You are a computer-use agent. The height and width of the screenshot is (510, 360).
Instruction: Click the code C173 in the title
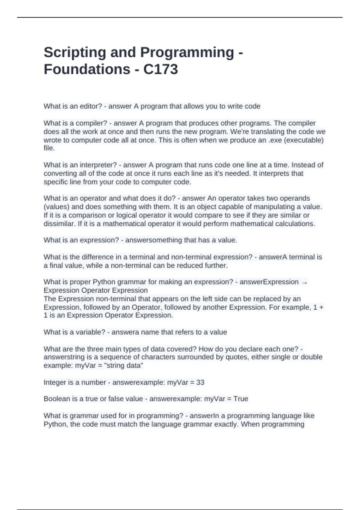coord(160,69)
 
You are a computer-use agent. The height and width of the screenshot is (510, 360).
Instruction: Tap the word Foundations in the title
coord(87,69)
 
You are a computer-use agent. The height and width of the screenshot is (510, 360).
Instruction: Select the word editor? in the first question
coord(91,106)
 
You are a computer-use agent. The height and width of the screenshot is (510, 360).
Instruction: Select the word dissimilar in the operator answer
coord(58,224)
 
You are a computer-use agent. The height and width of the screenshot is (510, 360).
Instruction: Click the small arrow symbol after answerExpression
coord(304,282)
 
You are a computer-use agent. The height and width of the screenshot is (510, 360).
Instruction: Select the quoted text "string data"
coord(123,366)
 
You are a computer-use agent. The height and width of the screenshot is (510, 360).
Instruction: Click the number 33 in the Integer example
coord(200,382)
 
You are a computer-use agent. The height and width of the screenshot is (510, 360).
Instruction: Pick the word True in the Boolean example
coord(241,399)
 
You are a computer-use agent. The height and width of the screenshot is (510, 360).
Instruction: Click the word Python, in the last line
coord(56,424)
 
